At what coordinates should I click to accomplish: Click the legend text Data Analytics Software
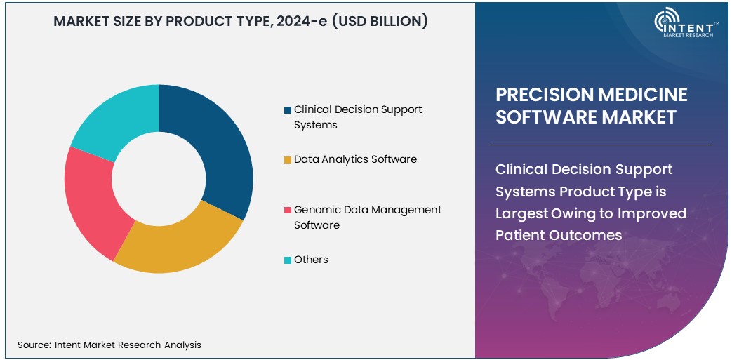355,159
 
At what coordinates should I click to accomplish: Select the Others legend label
311,260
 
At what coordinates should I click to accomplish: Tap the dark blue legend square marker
288,110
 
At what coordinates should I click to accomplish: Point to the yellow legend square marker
288,160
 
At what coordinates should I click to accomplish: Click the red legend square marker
288,211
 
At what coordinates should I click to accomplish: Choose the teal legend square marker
288,260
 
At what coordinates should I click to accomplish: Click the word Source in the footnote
33,345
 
